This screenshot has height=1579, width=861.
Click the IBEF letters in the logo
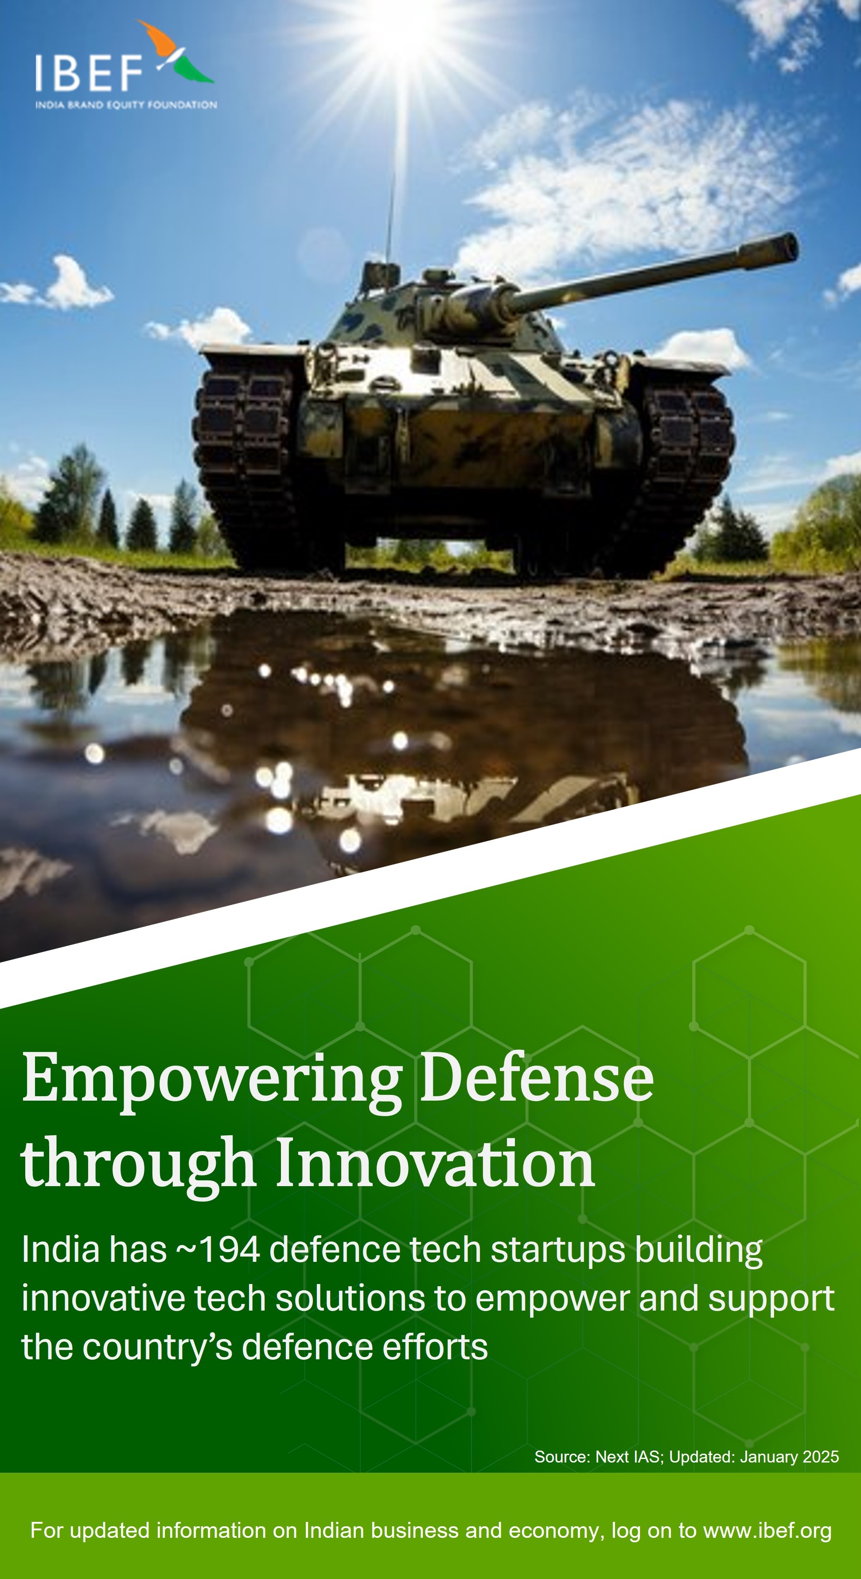(x=88, y=73)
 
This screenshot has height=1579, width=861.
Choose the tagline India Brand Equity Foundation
(x=126, y=105)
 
